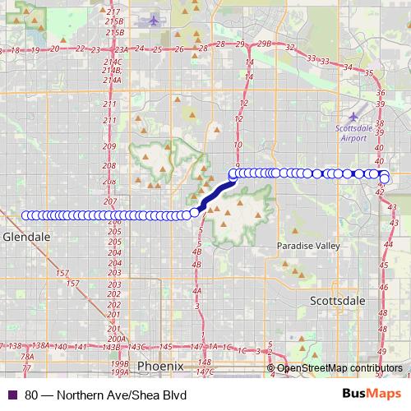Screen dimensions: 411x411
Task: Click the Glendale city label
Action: pyautogui.click(x=26, y=236)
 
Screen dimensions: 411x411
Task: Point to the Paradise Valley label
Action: pyautogui.click(x=307, y=246)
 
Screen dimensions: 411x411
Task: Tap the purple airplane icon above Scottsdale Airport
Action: pyautogui.click(x=354, y=118)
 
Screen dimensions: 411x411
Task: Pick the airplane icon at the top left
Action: pyautogui.click(x=152, y=20)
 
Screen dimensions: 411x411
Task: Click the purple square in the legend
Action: pyautogui.click(x=12, y=394)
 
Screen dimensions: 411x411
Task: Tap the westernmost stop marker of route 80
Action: pyautogui.click(x=25, y=215)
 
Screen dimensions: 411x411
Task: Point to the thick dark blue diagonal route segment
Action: pyautogui.click(x=215, y=196)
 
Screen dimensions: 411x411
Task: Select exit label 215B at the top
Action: pyautogui.click(x=115, y=21)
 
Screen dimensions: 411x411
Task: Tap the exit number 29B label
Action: pyautogui.click(x=264, y=43)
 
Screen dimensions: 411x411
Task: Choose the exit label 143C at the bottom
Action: pyautogui.click(x=136, y=348)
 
